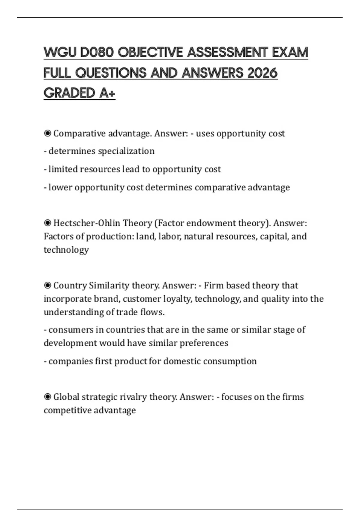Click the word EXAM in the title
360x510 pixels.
[x=290, y=52]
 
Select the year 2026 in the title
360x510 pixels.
[x=262, y=73]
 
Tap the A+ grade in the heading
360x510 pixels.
[x=107, y=93]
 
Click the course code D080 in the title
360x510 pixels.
[x=97, y=52]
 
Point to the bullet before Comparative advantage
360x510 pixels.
[x=47, y=133]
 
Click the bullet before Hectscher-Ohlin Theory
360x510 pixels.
[x=47, y=223]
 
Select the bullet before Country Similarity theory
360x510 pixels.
[x=47, y=285]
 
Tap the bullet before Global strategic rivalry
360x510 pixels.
[x=47, y=397]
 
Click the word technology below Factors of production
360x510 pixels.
[x=66, y=250]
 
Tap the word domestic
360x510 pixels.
[x=182, y=361]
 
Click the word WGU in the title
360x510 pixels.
[x=60, y=52]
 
